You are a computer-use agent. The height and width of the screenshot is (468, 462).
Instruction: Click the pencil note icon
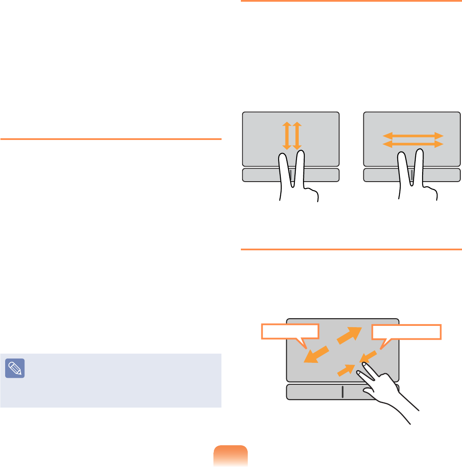click(x=15, y=368)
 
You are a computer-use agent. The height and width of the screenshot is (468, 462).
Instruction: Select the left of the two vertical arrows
click(x=286, y=135)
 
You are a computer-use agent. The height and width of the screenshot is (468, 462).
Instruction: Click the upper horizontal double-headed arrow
click(x=412, y=136)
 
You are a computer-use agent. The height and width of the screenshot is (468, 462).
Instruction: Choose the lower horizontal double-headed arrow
click(x=412, y=145)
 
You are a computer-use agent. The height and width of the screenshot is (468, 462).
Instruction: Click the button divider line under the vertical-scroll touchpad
click(x=291, y=174)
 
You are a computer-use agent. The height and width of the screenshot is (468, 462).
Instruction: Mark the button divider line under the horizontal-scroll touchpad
click(x=412, y=174)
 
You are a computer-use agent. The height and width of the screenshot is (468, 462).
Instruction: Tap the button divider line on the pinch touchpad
click(x=342, y=392)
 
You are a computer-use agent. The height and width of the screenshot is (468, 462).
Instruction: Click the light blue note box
click(x=111, y=380)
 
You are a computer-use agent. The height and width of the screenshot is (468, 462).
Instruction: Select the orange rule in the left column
click(x=111, y=139)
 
